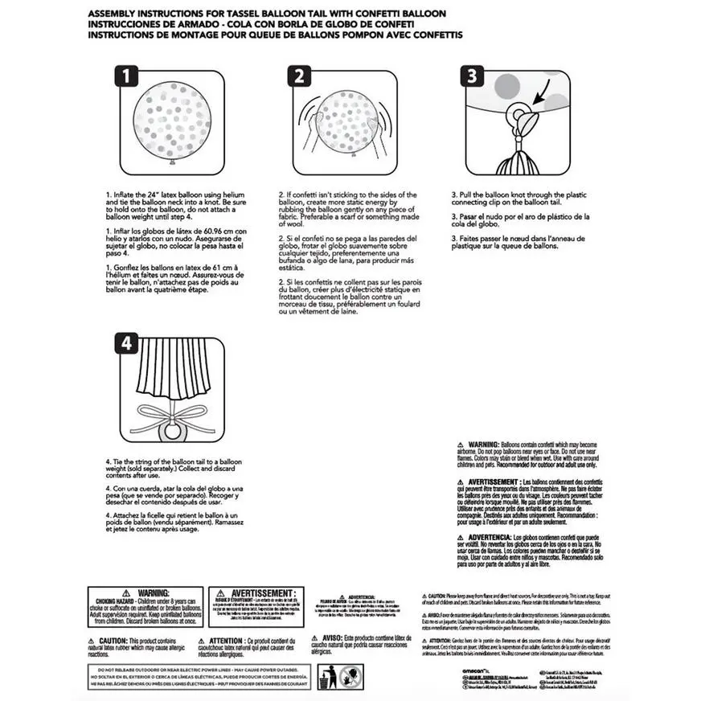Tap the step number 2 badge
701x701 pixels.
pos(298,77)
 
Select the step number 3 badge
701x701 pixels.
pos(472,77)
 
